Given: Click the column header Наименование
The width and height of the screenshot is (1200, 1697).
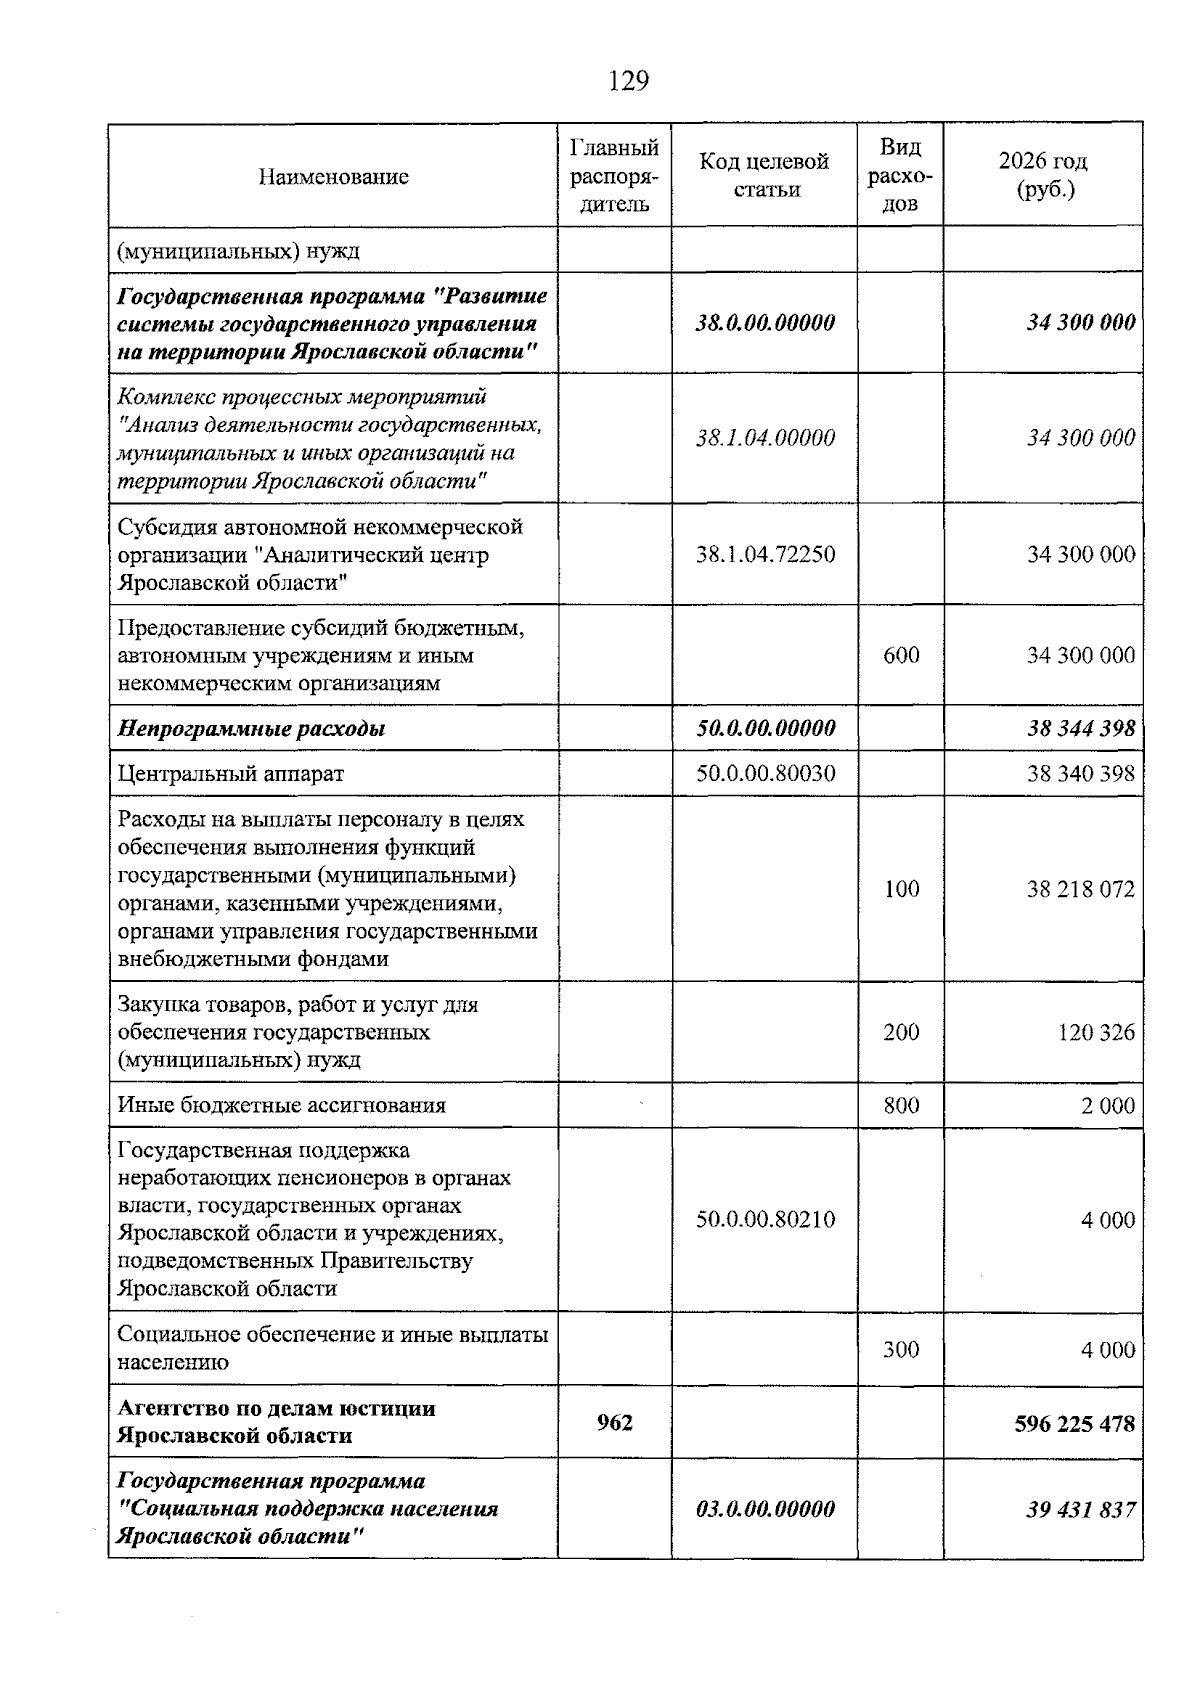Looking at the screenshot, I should [x=333, y=177].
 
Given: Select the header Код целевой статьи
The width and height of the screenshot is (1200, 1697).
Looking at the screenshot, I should [x=765, y=175].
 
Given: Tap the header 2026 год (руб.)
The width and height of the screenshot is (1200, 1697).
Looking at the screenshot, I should [x=1043, y=175].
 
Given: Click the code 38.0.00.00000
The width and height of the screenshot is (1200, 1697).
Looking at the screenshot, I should [x=765, y=323].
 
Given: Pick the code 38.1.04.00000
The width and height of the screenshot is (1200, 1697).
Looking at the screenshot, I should [x=765, y=438].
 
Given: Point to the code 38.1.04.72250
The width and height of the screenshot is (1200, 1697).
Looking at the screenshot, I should [x=765, y=554].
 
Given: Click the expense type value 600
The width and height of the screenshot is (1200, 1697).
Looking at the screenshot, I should [x=901, y=655].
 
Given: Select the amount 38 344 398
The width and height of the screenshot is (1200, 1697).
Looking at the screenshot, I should [x=1080, y=728].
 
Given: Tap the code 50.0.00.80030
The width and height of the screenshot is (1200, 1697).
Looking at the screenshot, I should [x=765, y=773].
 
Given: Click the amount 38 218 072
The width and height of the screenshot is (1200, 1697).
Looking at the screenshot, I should [x=1080, y=889].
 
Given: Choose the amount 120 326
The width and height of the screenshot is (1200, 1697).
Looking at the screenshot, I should [x=1096, y=1032].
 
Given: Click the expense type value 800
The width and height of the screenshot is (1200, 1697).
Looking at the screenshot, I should [x=901, y=1105].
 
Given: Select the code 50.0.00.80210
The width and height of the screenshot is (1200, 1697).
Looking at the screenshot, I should [x=765, y=1219].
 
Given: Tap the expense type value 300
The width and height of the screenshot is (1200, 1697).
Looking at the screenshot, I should [x=901, y=1350].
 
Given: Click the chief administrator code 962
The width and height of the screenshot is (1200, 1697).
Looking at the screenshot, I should [x=614, y=1422].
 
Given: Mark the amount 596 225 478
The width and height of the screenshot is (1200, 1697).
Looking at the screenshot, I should [x=1074, y=1423].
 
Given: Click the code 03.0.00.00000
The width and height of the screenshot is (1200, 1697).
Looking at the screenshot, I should [x=765, y=1509].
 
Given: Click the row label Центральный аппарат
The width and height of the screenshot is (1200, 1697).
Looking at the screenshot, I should [x=230, y=773].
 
